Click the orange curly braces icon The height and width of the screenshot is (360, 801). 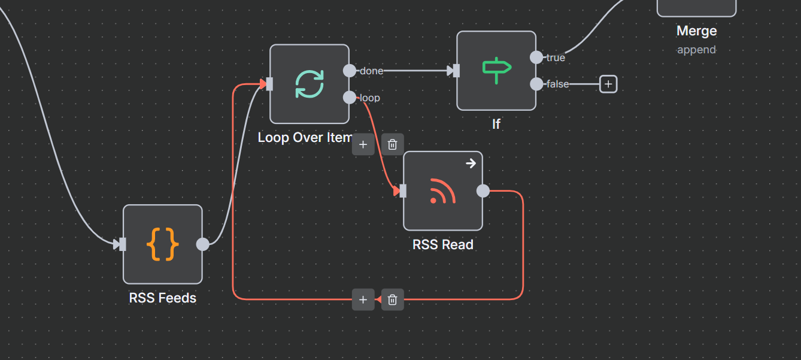point(162,244)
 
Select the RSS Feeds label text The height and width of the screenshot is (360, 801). point(162,298)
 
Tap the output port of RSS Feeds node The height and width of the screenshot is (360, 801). point(203,244)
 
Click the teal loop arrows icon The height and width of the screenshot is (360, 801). point(309,84)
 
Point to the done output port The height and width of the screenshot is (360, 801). point(350,71)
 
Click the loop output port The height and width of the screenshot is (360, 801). point(350,97)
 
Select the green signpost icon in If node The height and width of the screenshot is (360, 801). point(496,71)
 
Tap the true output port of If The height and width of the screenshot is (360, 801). point(536,58)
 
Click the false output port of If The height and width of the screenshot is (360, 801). point(536,84)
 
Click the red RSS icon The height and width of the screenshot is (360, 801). point(442,191)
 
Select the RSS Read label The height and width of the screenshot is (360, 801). point(442,244)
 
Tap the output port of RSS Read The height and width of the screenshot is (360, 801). point(483,191)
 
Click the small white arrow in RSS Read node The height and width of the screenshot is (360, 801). point(471,163)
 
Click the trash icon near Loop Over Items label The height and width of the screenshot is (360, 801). point(392,144)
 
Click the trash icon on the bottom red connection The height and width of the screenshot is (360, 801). point(392,300)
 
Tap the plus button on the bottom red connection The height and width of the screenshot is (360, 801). point(363,300)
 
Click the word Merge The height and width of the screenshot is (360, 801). point(696,31)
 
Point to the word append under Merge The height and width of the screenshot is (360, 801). point(696,50)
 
